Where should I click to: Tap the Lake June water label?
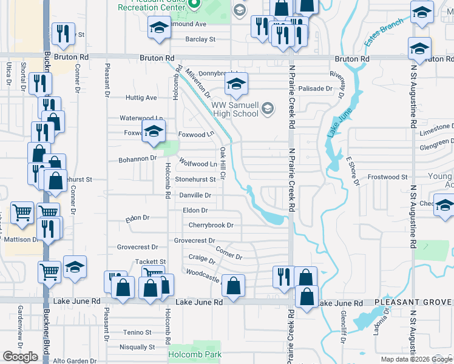pos(333,123)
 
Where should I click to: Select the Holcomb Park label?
pos(195,355)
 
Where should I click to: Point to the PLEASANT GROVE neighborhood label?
pos(413,302)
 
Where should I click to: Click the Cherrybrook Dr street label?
pos(211,225)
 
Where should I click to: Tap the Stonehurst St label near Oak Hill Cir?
pos(195,180)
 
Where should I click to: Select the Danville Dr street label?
pos(195,195)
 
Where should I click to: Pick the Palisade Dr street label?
pos(316,89)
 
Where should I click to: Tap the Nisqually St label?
pos(138,348)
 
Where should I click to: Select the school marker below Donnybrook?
pos(236,84)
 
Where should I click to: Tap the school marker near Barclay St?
pos(159,27)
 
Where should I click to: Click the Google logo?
pos(21,357)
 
